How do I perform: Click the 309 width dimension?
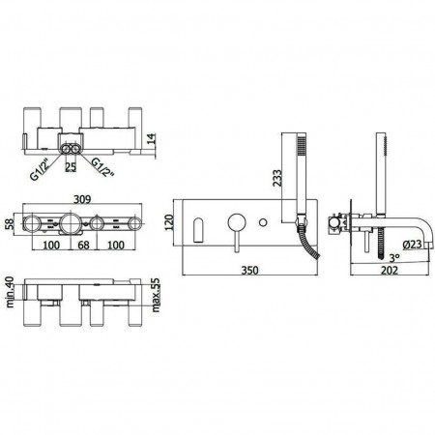[x=82, y=199]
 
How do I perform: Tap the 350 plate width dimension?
[x=249, y=270]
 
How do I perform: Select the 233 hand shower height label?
[x=277, y=178]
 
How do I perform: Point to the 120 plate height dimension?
[x=169, y=222]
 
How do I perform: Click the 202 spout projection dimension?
[x=390, y=270]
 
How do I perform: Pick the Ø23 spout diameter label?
[x=412, y=245]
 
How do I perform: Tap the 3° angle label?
[x=394, y=258]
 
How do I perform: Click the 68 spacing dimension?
[x=83, y=245]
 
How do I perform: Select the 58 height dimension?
[x=10, y=223]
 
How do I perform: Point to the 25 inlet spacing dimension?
[x=71, y=167]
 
